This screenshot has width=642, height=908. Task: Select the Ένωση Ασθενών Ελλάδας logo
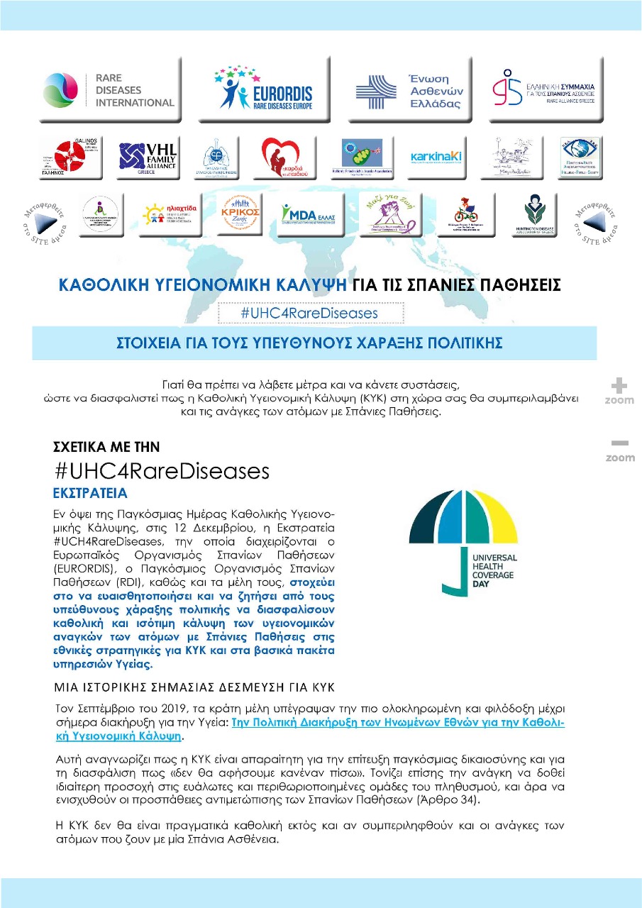point(410,91)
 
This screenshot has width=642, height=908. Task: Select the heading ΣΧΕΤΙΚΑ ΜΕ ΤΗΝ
point(106,447)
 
